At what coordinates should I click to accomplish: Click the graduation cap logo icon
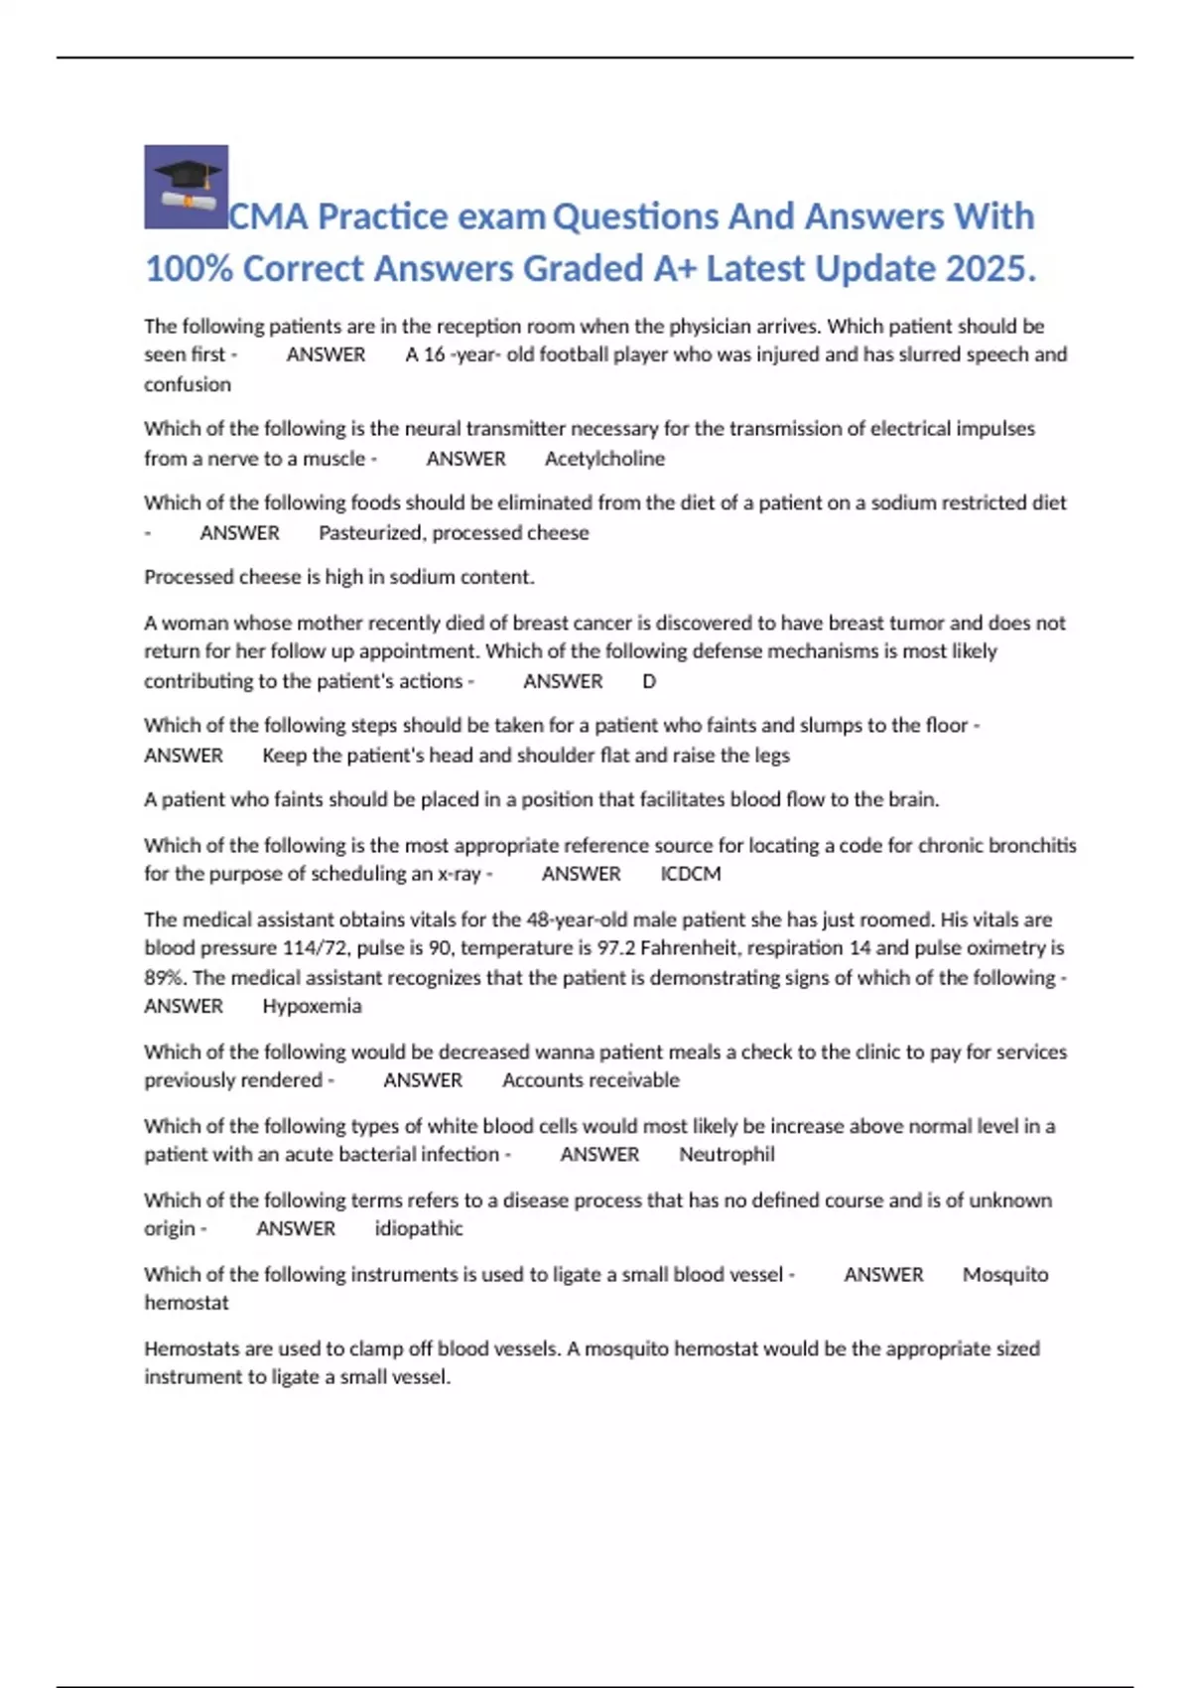186,187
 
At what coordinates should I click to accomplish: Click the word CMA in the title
268,216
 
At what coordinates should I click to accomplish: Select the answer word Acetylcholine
604,459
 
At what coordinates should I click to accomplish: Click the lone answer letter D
649,681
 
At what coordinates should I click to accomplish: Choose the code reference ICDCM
691,874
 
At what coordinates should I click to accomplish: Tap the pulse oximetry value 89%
164,977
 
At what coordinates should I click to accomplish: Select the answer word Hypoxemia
312,1006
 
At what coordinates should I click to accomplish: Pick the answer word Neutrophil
727,1154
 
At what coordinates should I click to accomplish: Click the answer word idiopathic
419,1228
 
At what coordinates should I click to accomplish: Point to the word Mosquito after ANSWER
1004,1274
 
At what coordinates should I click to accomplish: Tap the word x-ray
459,874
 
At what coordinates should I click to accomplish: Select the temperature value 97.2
615,948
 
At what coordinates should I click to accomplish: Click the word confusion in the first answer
188,384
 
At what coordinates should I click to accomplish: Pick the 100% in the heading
189,268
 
